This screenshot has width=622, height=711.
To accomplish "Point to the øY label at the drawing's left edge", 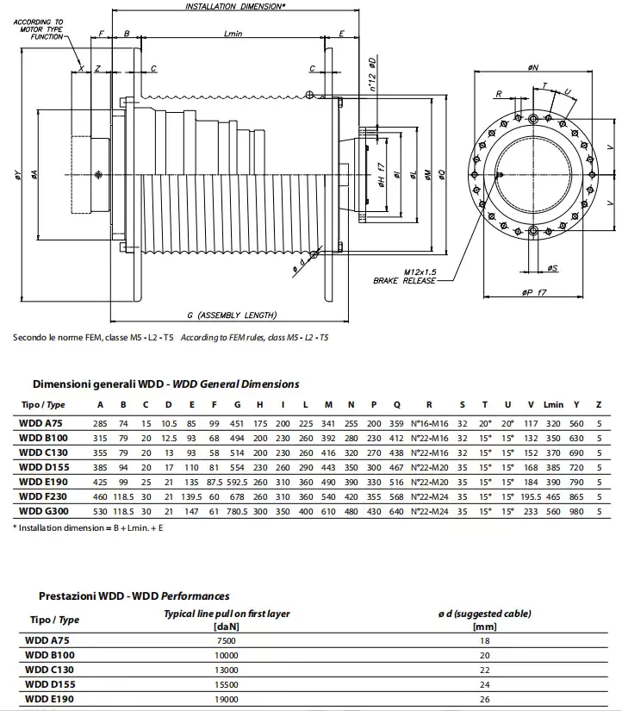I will click(18, 177).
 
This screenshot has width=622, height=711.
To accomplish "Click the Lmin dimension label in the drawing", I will click(233, 34).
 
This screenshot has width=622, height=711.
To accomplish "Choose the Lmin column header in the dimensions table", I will click(553, 405).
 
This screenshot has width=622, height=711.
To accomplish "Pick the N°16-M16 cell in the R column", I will click(428, 423).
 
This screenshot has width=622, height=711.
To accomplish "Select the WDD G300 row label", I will click(41, 511).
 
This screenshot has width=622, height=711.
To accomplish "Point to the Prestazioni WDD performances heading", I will click(134, 596).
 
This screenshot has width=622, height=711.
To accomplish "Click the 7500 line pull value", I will click(227, 640).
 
